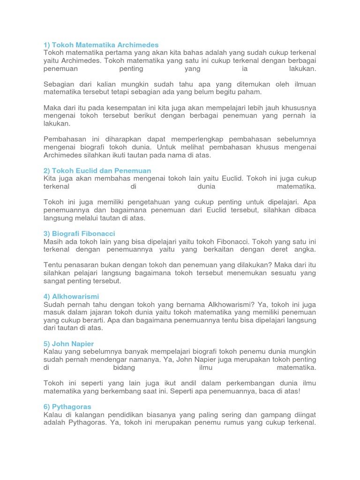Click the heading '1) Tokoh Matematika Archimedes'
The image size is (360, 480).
101,45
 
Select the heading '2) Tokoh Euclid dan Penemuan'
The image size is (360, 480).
97,171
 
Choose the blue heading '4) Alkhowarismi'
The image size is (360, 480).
71,296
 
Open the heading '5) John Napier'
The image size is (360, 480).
68,344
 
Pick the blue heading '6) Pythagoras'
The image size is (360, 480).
67,406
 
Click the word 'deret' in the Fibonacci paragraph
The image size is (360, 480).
264,249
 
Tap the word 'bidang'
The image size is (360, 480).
124,367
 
